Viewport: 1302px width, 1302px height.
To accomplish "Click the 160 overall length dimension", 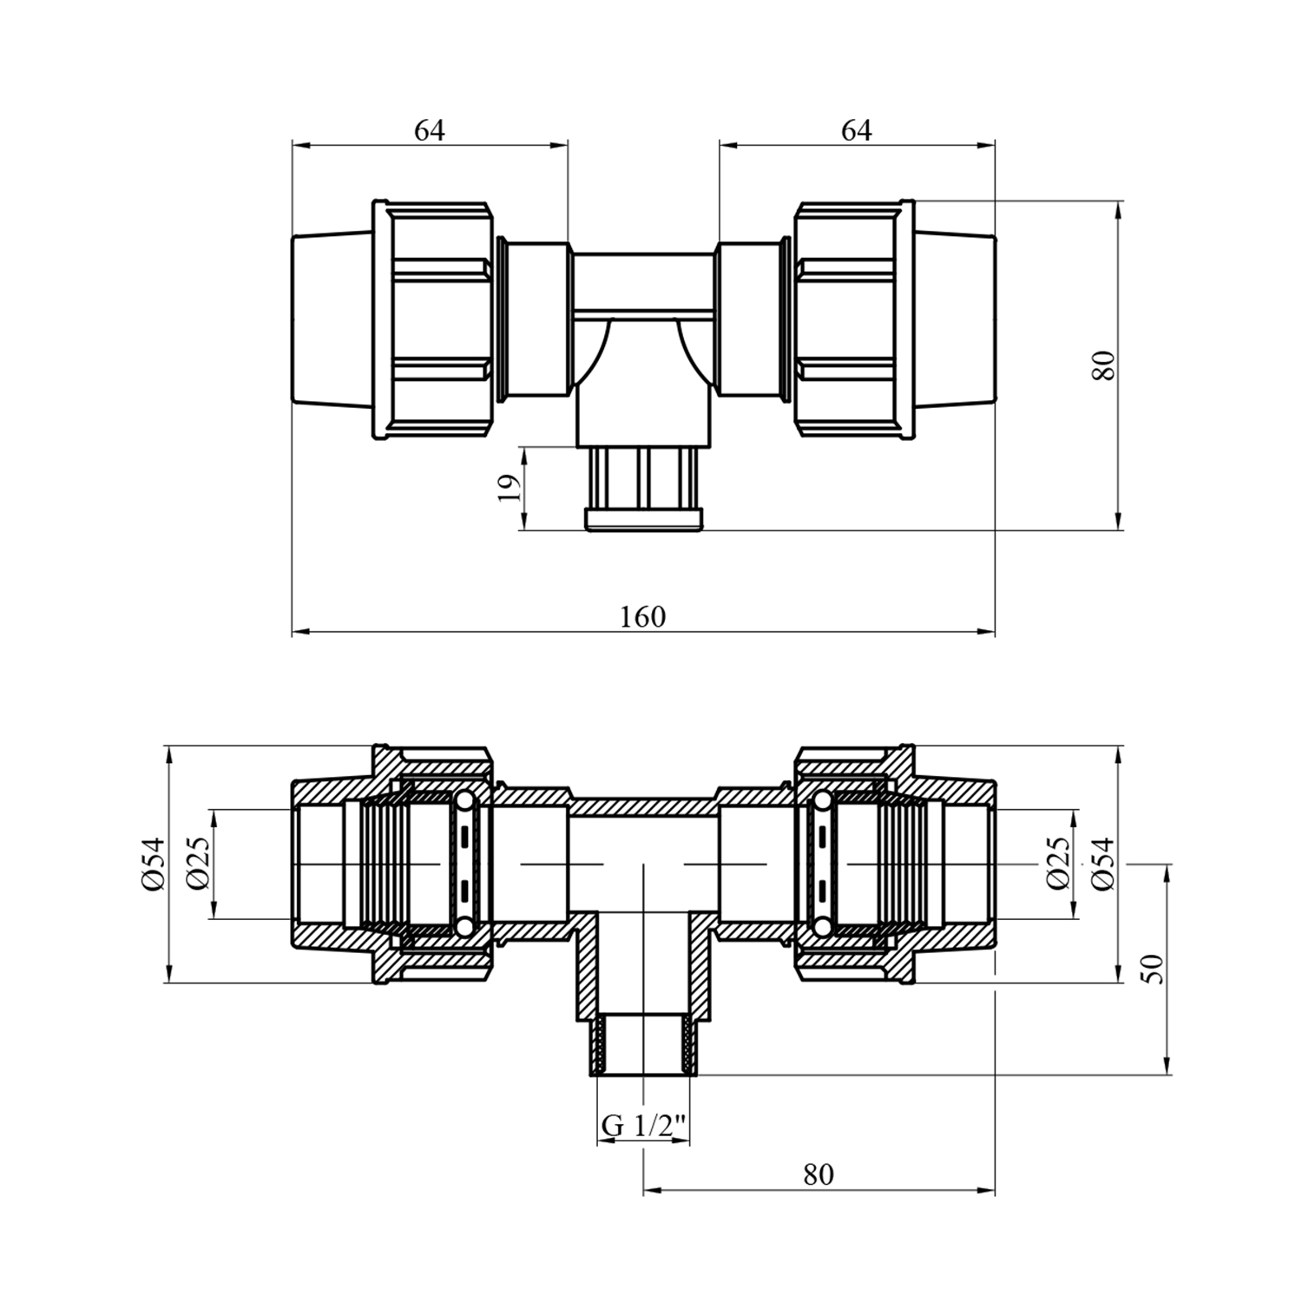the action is pyautogui.click(x=642, y=616).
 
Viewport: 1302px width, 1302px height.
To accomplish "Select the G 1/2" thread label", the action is pyautogui.click(x=644, y=1125).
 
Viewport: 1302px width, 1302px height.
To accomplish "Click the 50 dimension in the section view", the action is pyautogui.click(x=1153, y=969).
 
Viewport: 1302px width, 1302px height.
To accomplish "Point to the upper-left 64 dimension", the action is pyautogui.click(x=429, y=130).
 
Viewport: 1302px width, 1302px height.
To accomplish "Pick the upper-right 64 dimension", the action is pyautogui.click(x=856, y=130).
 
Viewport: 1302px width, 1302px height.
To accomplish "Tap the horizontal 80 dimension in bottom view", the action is pyautogui.click(x=818, y=1174).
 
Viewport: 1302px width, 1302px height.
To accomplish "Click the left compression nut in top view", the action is pyautogui.click(x=433, y=320).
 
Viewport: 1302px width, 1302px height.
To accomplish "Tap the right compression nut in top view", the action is pyautogui.click(x=854, y=320).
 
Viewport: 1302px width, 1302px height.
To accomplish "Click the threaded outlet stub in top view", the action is pyautogui.click(x=644, y=488).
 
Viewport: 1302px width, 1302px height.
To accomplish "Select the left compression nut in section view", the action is pyautogui.click(x=433, y=864).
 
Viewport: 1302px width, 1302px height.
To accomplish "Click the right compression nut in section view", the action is pyautogui.click(x=854, y=864).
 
